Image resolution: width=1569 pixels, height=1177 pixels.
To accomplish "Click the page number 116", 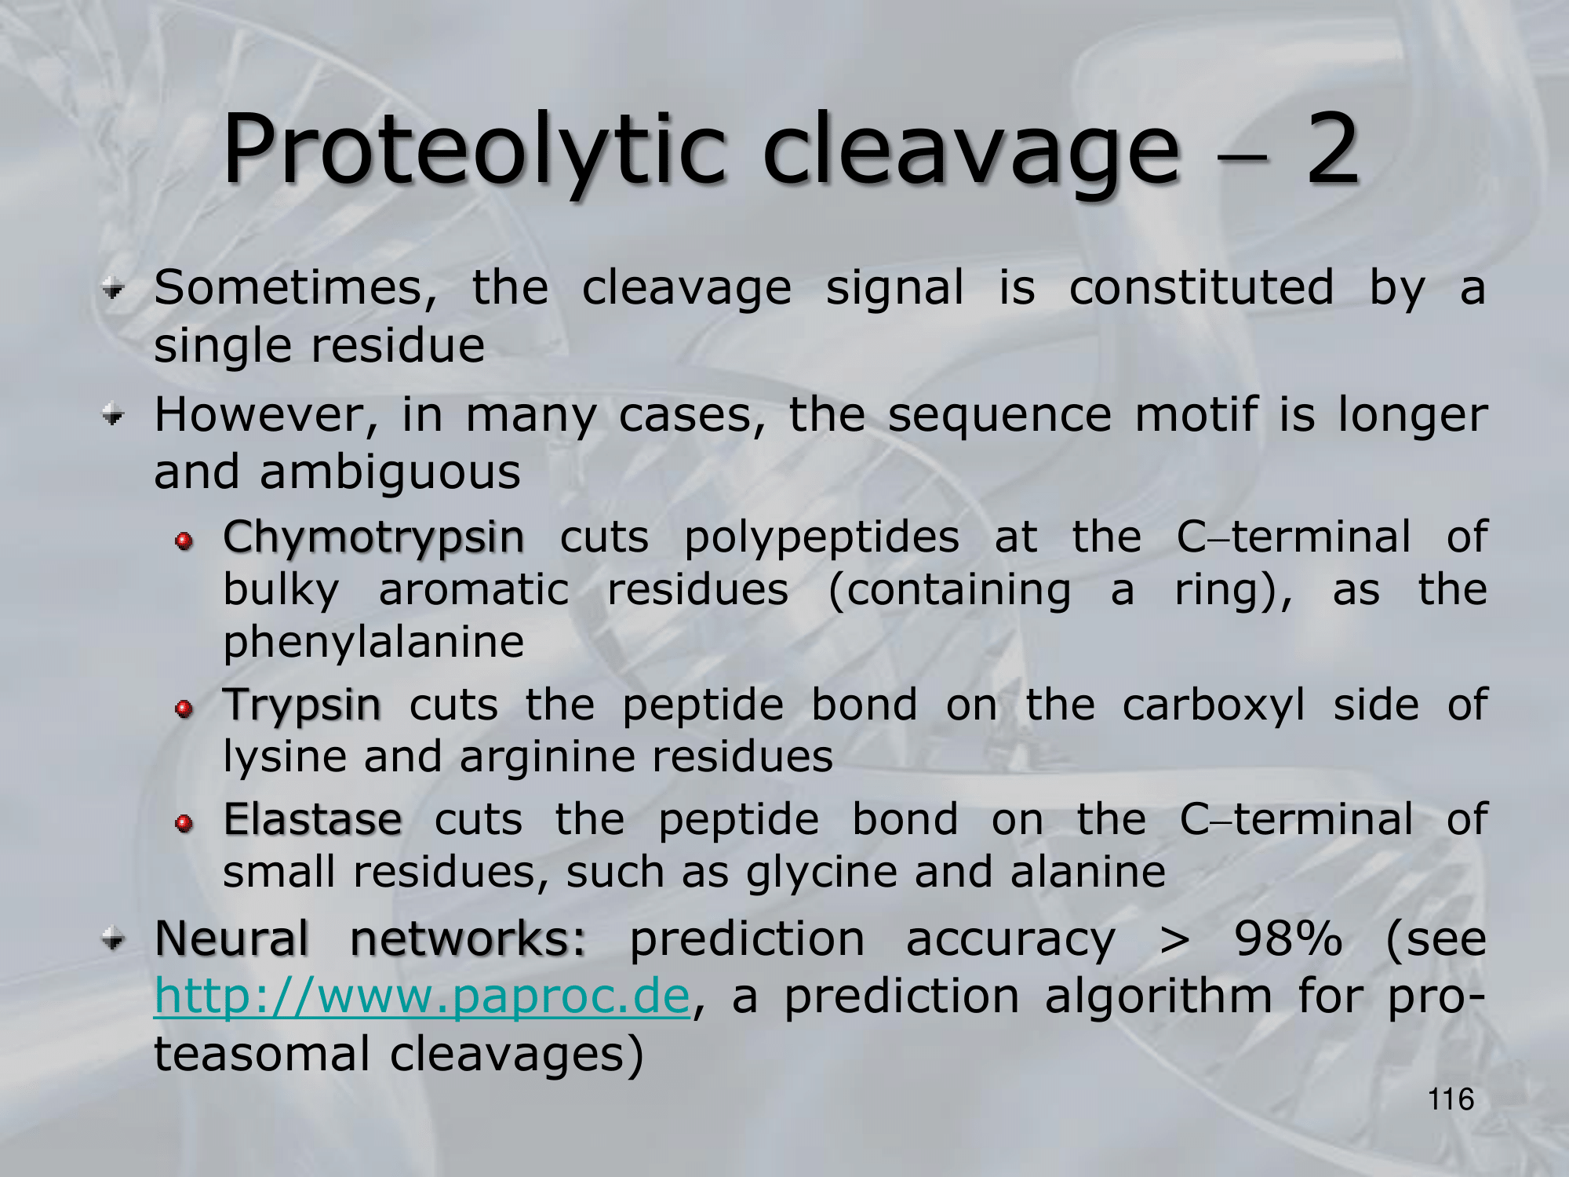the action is click(1451, 1099).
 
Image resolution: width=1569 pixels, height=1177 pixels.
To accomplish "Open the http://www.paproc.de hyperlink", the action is click(422, 997).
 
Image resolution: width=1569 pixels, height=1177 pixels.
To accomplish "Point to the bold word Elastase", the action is click(313, 819).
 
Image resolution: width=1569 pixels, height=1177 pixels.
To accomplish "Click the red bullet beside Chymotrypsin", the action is click(184, 541).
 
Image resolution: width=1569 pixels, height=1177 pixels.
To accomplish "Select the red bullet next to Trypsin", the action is click(184, 709).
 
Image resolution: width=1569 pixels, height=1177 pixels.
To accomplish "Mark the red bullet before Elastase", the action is click(184, 823).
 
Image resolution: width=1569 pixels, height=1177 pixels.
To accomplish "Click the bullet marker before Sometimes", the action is click(114, 290).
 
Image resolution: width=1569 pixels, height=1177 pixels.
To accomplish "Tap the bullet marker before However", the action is click(114, 416).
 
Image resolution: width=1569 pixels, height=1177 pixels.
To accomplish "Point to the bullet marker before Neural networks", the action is click(114, 938).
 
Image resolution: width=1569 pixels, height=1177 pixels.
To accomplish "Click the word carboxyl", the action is click(1214, 705).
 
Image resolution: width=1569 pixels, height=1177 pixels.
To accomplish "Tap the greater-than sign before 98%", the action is click(1174, 940).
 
